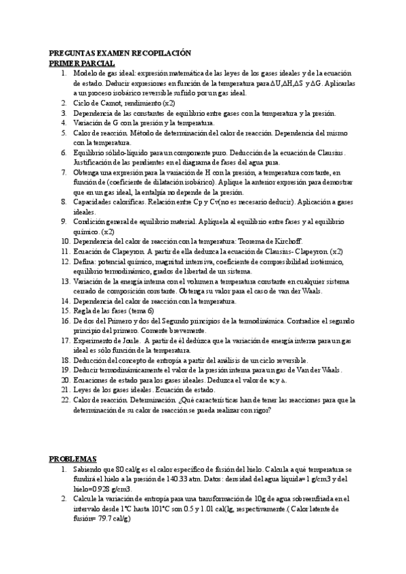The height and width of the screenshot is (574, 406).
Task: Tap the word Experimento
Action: (x=93, y=341)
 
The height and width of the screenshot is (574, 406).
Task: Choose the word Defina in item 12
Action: (x=84, y=261)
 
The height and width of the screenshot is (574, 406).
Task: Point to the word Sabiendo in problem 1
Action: (x=89, y=469)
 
